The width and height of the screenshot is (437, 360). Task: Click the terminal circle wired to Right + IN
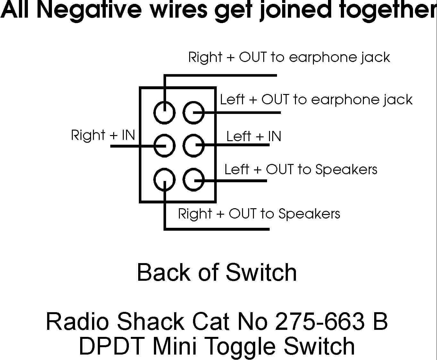pos(165,146)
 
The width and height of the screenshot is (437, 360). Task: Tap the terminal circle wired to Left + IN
pos(194,146)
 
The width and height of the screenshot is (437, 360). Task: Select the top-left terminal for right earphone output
pos(165,113)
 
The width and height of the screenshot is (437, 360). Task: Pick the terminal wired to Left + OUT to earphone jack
pos(194,113)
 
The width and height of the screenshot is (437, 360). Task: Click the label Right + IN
pos(103,135)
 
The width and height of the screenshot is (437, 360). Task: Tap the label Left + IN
pos(254,136)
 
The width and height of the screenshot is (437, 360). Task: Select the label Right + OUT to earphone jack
pos(289,57)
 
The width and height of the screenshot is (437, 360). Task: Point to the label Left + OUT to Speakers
pos(301,169)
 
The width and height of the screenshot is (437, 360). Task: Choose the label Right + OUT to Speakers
pos(259,214)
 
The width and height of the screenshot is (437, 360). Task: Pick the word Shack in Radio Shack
pos(150,321)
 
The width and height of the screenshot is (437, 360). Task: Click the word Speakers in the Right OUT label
pos(309,214)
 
